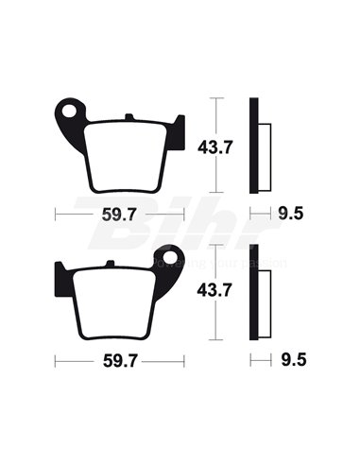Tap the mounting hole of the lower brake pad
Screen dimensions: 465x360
[x=171, y=257]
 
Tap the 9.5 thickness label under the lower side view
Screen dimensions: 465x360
[x=291, y=359]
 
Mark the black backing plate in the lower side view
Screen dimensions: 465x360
[x=253, y=292]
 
